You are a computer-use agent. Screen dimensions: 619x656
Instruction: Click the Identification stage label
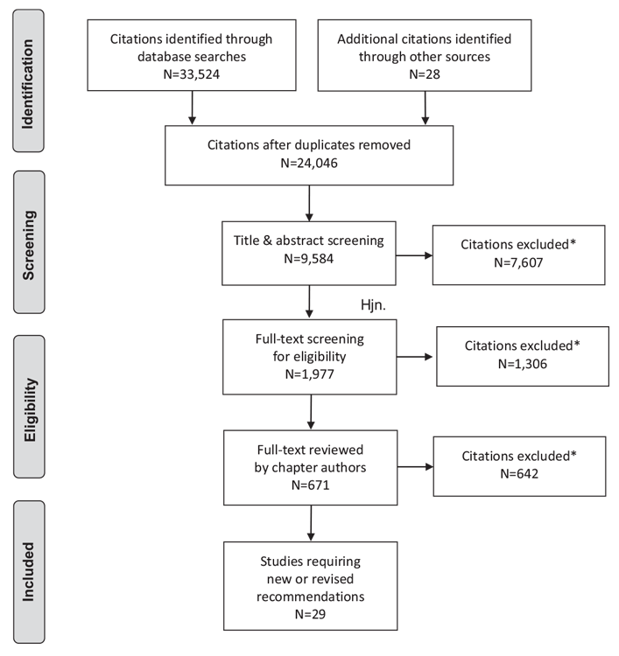pos(28,84)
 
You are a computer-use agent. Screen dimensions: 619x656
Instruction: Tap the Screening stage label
pos(29,245)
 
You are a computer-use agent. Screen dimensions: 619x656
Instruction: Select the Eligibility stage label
pos(29,410)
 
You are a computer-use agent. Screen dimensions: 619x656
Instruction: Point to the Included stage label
pos(28,572)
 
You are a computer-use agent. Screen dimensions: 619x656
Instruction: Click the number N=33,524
pos(192,74)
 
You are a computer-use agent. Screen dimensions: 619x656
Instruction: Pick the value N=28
pos(425,74)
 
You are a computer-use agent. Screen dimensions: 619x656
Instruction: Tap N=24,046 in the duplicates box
pos(309,163)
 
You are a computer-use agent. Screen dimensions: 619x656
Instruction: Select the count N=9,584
pos(309,259)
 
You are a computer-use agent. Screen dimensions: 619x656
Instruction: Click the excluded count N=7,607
pos(518,262)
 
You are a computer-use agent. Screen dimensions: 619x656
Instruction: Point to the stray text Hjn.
pos(373,305)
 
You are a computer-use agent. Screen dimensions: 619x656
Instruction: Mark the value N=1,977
pos(310,373)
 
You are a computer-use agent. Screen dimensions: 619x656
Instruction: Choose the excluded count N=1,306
pos(523,364)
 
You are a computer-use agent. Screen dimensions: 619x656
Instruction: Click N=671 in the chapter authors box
pos(310,485)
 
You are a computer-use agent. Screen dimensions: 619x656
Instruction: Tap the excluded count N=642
pos(519,473)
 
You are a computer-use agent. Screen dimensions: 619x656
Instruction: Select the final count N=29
pos(310,614)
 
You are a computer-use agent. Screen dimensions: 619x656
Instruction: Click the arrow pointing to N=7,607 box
pos(414,255)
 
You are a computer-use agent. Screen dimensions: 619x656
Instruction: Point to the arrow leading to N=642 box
pos(416,466)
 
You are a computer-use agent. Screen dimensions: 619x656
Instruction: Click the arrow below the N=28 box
pos(426,108)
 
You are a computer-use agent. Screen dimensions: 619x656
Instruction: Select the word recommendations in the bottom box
pos(310,597)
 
